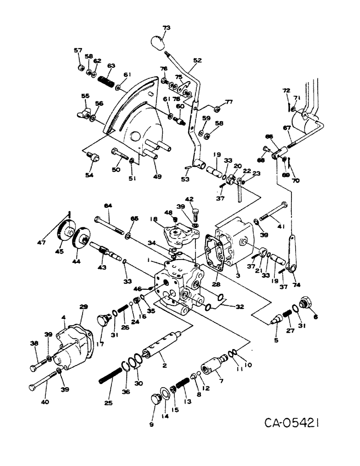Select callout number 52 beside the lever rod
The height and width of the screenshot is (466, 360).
[197, 61]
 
